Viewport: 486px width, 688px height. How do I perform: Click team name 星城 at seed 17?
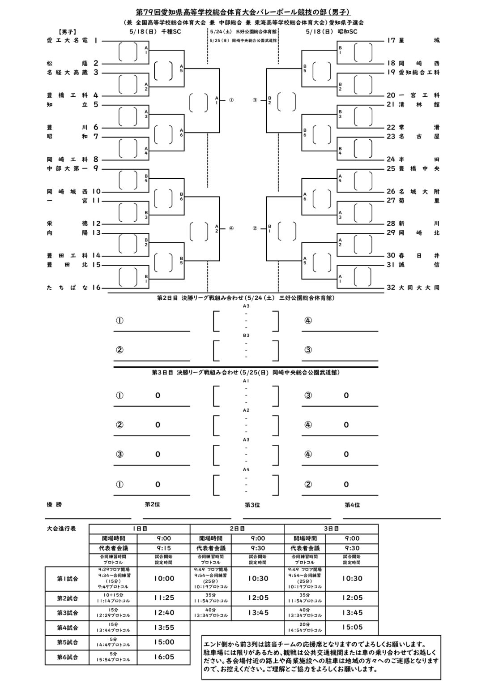click(419, 40)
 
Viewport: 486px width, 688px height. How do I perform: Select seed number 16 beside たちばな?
click(97, 288)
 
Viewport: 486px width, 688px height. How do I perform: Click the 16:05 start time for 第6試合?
click(164, 657)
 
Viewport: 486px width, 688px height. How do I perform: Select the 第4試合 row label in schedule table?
click(67, 628)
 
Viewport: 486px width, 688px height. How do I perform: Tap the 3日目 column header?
click(331, 529)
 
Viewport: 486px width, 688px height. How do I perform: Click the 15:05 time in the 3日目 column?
click(352, 627)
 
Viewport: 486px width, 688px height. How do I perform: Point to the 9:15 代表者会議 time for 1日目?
click(164, 548)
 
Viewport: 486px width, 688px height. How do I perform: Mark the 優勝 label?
click(55, 504)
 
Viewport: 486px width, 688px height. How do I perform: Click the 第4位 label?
click(352, 505)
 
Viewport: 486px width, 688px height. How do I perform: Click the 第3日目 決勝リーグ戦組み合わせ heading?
click(246, 372)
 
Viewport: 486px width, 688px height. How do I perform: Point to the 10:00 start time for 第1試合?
click(164, 578)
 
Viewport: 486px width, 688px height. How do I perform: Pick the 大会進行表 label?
click(61, 529)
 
